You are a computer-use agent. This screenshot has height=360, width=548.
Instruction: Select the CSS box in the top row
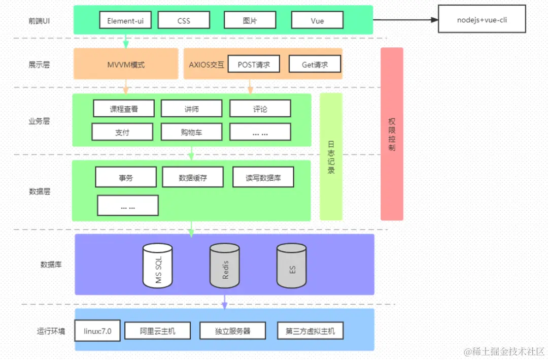pyautogui.click(x=184, y=20)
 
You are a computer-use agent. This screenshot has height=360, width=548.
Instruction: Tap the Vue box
pyautogui.click(x=317, y=20)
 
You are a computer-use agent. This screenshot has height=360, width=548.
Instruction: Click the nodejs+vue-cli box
pyautogui.click(x=482, y=20)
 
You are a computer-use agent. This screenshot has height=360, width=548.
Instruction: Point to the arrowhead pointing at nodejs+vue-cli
pyautogui.click(x=434, y=20)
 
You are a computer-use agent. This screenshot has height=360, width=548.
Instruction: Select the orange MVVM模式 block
pyautogui.click(x=126, y=64)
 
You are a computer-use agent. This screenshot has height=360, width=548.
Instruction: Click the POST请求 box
pyautogui.click(x=254, y=64)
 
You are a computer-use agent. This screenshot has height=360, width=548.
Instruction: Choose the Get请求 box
pyautogui.click(x=315, y=64)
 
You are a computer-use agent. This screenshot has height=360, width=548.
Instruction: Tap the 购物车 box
pyautogui.click(x=191, y=132)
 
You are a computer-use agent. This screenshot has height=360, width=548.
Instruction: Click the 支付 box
pyautogui.click(x=122, y=132)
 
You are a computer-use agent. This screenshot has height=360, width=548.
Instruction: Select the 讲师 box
pyautogui.click(x=191, y=109)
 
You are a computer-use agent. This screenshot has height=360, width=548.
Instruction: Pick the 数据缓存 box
pyautogui.click(x=193, y=178)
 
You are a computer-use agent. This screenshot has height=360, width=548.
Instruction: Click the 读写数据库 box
pyautogui.click(x=263, y=178)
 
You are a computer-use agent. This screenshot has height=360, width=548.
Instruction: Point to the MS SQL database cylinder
pyautogui.click(x=157, y=265)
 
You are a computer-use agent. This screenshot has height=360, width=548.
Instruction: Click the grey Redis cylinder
pyautogui.click(x=225, y=265)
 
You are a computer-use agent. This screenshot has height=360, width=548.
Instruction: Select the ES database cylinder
pyautogui.click(x=292, y=265)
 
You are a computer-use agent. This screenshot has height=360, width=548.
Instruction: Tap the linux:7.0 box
pyautogui.click(x=97, y=331)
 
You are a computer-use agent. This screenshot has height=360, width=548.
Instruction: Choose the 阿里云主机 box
pyautogui.click(x=157, y=331)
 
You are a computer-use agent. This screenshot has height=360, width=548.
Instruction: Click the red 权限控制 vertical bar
pyautogui.click(x=392, y=134)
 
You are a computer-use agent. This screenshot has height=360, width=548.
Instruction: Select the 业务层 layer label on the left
pyautogui.click(x=39, y=121)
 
